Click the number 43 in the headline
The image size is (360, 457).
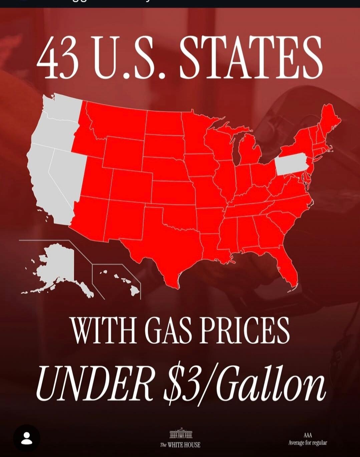pos(57,57)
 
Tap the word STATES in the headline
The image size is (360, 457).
pos(251,57)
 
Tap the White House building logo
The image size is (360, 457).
pos(181,434)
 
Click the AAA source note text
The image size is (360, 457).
pos(308,439)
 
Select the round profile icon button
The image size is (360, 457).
pos(27,438)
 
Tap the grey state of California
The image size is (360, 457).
pos(47,187)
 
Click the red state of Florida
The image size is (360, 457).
pos(287,267)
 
